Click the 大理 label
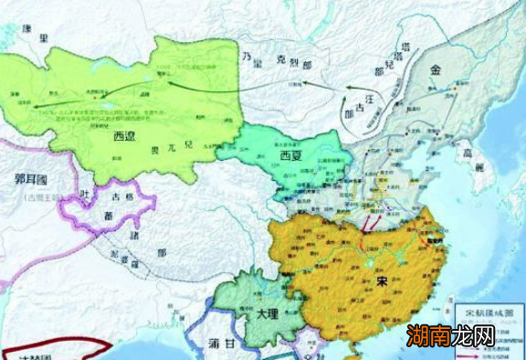pos(268,312)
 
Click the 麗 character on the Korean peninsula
pos(477,167)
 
